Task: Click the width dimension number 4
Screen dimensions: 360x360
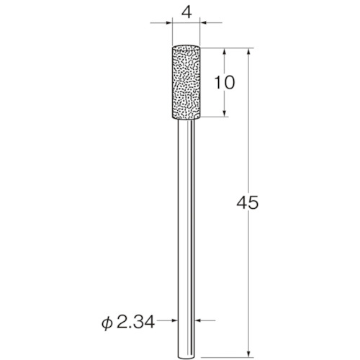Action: (x=186, y=13)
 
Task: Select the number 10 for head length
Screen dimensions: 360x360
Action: (x=224, y=82)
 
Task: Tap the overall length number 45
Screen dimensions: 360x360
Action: (x=248, y=202)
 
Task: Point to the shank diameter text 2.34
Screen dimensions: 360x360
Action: (x=135, y=323)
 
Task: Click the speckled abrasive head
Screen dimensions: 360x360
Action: (x=186, y=82)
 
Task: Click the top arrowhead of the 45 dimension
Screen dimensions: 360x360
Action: (x=249, y=53)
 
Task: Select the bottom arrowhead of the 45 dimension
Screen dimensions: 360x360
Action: (x=249, y=354)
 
